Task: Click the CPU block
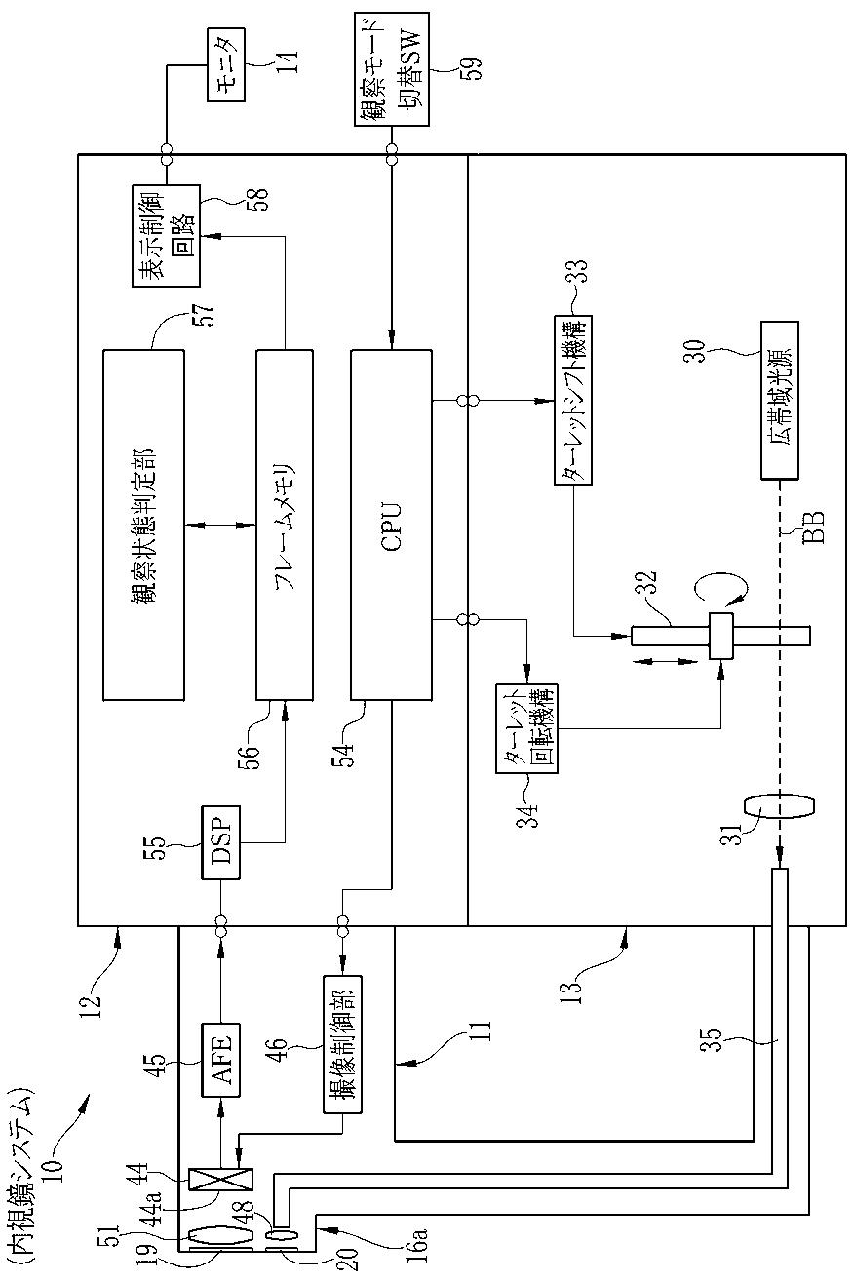tap(391, 524)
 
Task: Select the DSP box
tap(220, 842)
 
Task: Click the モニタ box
tap(226, 66)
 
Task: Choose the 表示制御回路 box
tap(167, 235)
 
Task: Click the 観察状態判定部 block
tap(143, 524)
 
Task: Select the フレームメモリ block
tap(285, 524)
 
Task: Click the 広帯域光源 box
tap(779, 400)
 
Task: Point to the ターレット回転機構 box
tap(527, 728)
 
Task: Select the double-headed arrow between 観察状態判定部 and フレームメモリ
tap(220, 524)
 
